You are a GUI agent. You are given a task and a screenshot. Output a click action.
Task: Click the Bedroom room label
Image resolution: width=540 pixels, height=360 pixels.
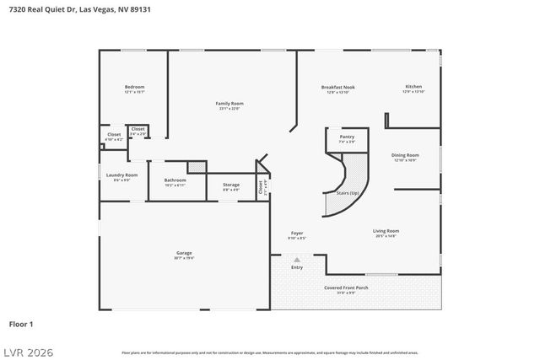(x=134, y=87)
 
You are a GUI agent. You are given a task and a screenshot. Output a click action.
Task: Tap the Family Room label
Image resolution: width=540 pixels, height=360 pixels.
(x=230, y=103)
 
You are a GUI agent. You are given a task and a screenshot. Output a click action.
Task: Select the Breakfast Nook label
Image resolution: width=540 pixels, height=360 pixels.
(x=337, y=87)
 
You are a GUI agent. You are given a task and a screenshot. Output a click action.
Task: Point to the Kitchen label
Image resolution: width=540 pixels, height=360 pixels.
(x=413, y=86)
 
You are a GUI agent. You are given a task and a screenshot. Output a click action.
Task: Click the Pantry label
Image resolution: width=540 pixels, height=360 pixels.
(x=347, y=137)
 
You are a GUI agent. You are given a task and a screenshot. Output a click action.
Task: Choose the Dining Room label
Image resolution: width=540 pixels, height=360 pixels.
(x=405, y=154)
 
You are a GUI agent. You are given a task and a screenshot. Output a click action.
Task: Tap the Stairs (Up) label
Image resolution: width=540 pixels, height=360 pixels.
(x=348, y=193)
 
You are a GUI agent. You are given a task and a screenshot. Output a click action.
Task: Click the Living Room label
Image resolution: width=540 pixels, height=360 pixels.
(x=386, y=230)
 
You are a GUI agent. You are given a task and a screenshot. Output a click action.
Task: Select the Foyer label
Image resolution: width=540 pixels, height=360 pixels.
(x=297, y=233)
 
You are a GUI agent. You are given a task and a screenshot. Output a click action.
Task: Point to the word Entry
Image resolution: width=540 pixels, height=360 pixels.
(x=297, y=267)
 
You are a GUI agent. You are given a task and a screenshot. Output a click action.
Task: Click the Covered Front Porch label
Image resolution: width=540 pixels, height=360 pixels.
(x=346, y=287)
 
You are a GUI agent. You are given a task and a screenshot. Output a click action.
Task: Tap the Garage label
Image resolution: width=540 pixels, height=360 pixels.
(x=184, y=253)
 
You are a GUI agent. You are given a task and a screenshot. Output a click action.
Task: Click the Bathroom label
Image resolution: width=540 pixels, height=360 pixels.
(x=175, y=180)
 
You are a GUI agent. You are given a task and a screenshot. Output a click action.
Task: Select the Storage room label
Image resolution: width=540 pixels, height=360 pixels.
(x=230, y=185)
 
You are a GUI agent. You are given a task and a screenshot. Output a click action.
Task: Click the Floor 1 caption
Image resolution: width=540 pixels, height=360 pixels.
(x=20, y=323)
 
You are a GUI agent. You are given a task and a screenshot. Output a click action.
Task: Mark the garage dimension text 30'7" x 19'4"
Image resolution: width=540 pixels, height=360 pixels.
(x=184, y=258)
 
